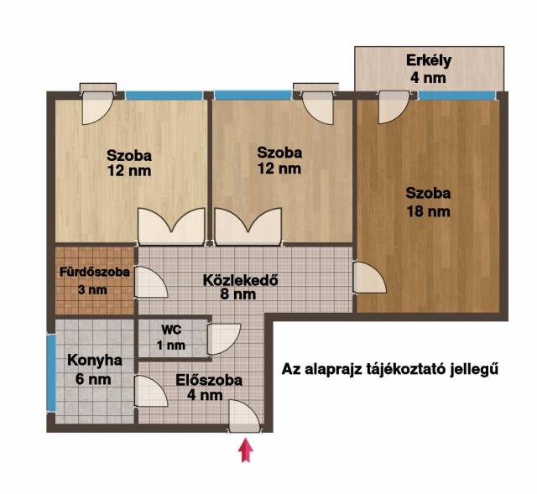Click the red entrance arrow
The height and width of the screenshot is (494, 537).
coord(246,450)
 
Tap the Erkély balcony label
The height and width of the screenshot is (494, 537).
coord(429,60)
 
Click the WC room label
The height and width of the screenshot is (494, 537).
coord(171,330)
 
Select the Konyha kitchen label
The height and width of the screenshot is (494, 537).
coord(95,361)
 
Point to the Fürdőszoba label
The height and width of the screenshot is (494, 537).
coord(95,273)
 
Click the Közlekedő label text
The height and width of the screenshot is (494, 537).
coord(241,280)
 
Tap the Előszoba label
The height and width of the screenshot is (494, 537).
coord(209,380)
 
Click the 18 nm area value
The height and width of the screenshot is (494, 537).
coord(428,211)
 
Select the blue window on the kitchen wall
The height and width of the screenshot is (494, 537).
coord(51,373)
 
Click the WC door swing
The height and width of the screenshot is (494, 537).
coord(224,339)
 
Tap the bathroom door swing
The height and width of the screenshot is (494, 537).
coord(151,282)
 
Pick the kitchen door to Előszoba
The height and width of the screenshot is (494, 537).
coord(151,392)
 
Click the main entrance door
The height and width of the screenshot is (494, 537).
coord(244,415)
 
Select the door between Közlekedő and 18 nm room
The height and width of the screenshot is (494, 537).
coord(369,278)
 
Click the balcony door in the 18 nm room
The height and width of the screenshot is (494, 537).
coord(394,107)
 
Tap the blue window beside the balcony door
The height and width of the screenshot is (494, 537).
coord(457,96)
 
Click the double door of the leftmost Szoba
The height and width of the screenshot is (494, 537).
coord(171,226)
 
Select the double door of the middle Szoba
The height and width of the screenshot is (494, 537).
coord(248,226)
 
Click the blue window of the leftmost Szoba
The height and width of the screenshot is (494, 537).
coord(164,96)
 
